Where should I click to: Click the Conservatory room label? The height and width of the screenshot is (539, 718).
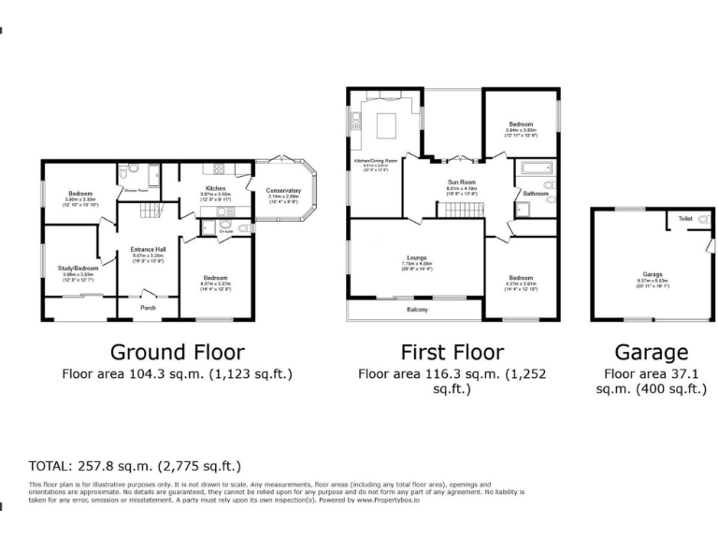[283, 190]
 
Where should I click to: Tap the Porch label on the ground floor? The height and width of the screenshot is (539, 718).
[148, 307]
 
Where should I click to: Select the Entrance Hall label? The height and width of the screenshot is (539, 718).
[147, 248]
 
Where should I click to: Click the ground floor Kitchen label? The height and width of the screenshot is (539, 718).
[216, 187]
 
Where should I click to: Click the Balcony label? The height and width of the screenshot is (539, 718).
[417, 309]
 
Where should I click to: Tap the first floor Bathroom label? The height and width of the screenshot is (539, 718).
[535, 193]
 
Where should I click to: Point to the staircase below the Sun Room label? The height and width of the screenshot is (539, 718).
[458, 209]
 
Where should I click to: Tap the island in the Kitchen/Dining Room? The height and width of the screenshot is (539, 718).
[386, 124]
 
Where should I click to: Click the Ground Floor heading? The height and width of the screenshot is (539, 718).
[178, 352]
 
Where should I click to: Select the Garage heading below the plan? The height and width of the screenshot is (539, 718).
[651, 352]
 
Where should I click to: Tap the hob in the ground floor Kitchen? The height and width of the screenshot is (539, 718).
[223, 169]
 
